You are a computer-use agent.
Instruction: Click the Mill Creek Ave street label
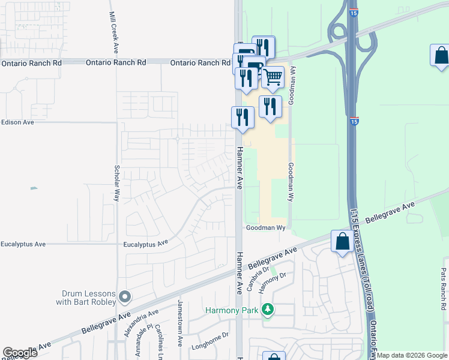pos(112,30)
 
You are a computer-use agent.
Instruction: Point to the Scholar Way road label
pos(118,182)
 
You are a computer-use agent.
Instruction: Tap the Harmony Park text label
pos(231,311)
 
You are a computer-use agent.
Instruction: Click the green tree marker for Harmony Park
pos(268,310)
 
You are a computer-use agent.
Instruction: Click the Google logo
pos(20,353)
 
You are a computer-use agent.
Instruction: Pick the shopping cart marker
pos(273,77)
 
